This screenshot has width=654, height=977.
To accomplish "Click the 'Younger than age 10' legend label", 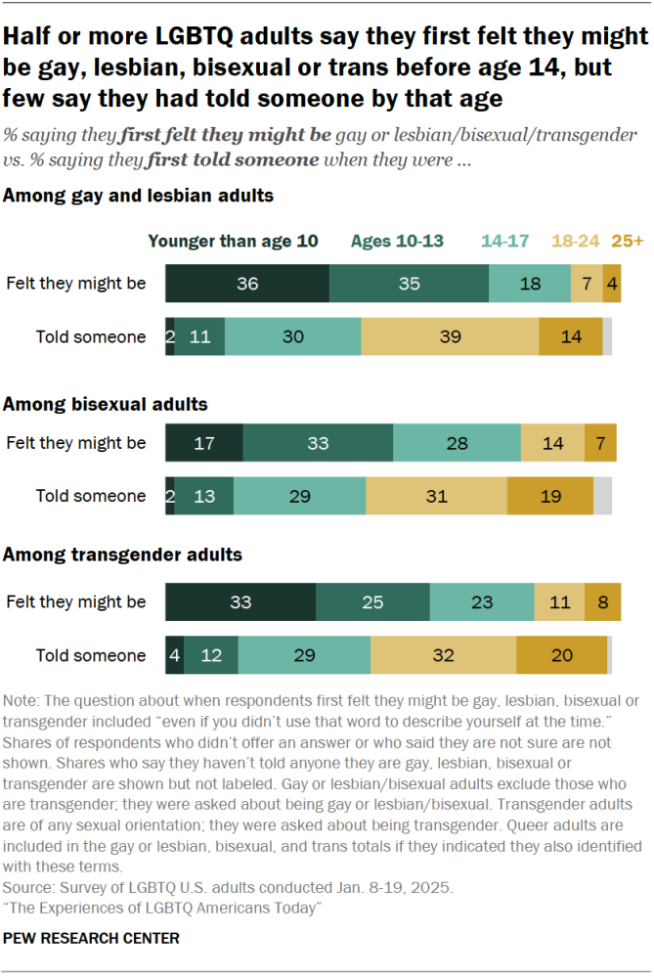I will (x=233, y=242).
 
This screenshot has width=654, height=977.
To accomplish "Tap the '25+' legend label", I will (x=627, y=242).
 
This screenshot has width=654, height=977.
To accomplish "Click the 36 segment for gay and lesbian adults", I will (x=247, y=284).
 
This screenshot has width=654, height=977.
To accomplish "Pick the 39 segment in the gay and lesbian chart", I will (x=450, y=336).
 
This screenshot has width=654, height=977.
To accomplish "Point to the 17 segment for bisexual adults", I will (x=204, y=443).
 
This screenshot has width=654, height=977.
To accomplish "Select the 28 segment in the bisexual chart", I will (x=457, y=443).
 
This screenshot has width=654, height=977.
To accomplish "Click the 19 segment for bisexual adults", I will (x=549, y=496).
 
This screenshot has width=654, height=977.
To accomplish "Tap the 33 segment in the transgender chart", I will (x=240, y=602).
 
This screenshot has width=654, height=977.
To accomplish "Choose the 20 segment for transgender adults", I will (x=561, y=655).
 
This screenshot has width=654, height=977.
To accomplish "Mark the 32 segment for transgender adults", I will (x=443, y=655).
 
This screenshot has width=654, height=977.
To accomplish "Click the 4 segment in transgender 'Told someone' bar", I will (x=174, y=655).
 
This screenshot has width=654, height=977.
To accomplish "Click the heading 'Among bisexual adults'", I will (x=106, y=404).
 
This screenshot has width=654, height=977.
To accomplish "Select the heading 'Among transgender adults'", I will (x=123, y=555).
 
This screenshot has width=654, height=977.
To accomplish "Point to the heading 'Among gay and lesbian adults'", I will (x=139, y=197).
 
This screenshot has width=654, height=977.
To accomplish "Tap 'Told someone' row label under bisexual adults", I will (x=91, y=496).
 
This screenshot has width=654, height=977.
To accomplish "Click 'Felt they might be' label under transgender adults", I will (x=76, y=602).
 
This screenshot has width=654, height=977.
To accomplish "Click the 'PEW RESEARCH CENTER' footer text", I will (x=92, y=939).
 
